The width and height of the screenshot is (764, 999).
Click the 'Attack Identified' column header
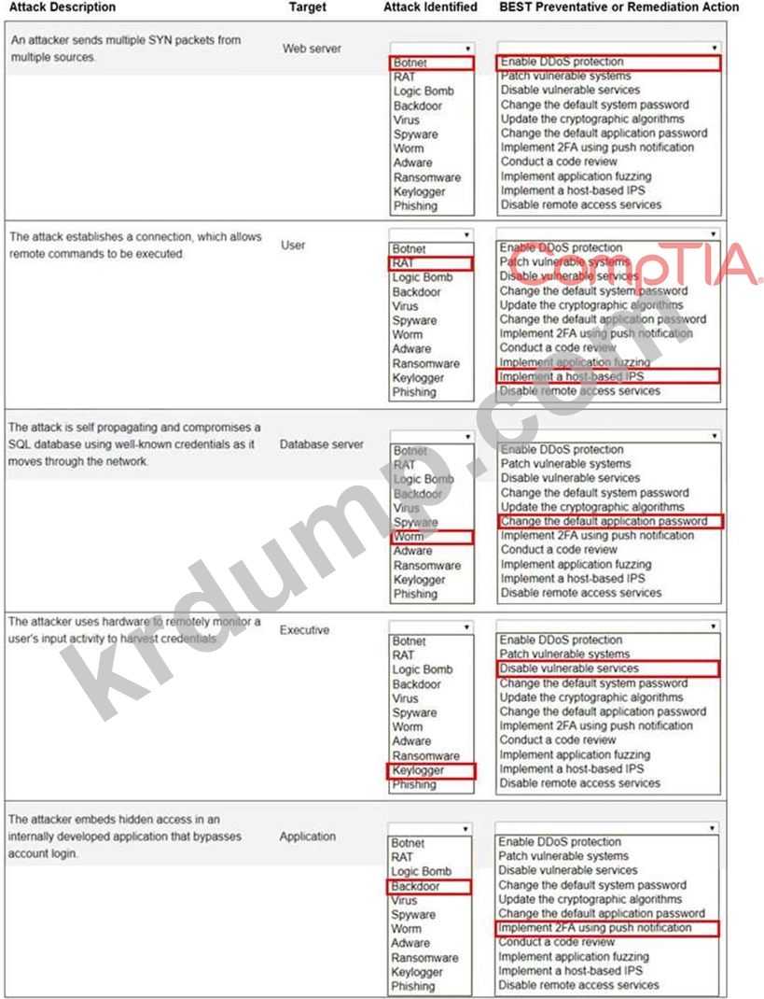point(430,7)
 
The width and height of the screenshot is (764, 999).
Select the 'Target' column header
point(307,7)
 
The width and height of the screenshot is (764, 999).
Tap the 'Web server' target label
point(312,49)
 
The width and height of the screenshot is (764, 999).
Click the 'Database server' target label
point(321,444)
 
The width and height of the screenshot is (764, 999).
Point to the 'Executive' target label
point(304,630)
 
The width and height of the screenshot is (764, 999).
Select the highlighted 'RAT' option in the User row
point(431,263)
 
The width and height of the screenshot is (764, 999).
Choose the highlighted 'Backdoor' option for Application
point(430,886)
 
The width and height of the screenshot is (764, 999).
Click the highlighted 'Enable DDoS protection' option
point(608,62)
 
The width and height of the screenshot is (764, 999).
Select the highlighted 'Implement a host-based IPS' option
point(608,376)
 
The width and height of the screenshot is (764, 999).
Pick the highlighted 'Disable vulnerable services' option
point(608,668)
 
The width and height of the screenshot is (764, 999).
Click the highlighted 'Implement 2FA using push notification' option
point(608,928)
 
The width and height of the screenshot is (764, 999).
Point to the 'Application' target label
point(307,837)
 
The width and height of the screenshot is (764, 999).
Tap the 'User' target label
point(293,245)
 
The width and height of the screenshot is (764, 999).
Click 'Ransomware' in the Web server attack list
point(426,177)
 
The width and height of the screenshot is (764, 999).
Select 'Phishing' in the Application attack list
point(413,986)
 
